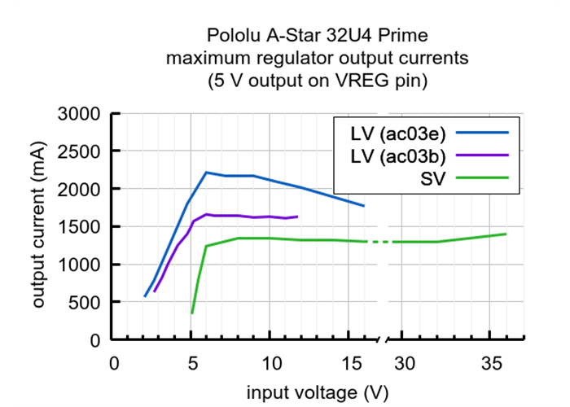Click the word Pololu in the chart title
[234, 37]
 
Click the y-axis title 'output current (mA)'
[39, 227]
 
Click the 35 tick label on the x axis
[489, 362]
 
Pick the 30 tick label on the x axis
[405, 362]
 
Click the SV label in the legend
[432, 177]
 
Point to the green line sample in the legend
[482, 177]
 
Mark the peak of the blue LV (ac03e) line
[206, 173]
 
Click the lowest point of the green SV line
[192, 313]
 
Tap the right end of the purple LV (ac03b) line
[297, 217]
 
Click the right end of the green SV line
[506, 234]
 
